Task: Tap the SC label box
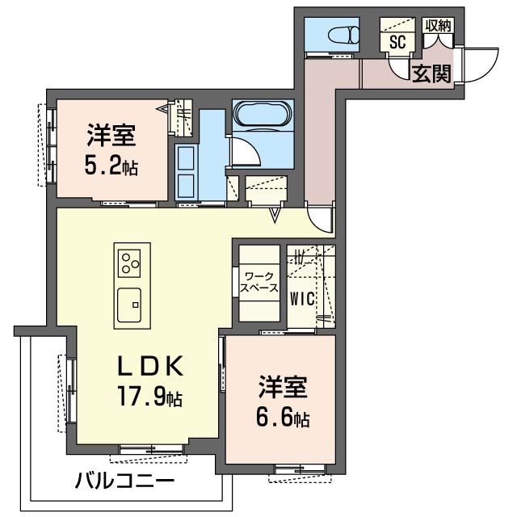tap(397, 42)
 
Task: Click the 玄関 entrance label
tap(432, 74)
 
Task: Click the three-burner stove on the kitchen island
tap(130, 263)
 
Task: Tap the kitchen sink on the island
tap(129, 305)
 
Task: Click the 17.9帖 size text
tap(151, 397)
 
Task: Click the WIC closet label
tap(301, 296)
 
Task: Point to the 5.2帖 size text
tap(111, 167)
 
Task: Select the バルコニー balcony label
tap(124, 482)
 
